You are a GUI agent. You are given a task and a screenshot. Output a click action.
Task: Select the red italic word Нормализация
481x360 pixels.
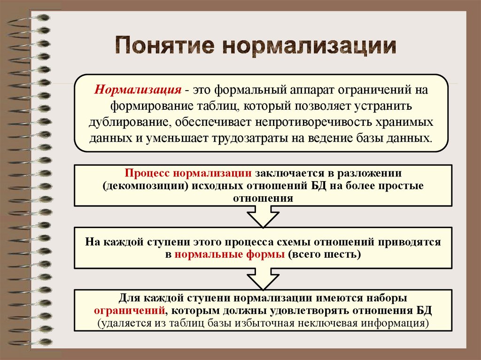coord(138,89)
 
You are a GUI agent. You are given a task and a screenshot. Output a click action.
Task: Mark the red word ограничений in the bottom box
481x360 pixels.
coord(130,311)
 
